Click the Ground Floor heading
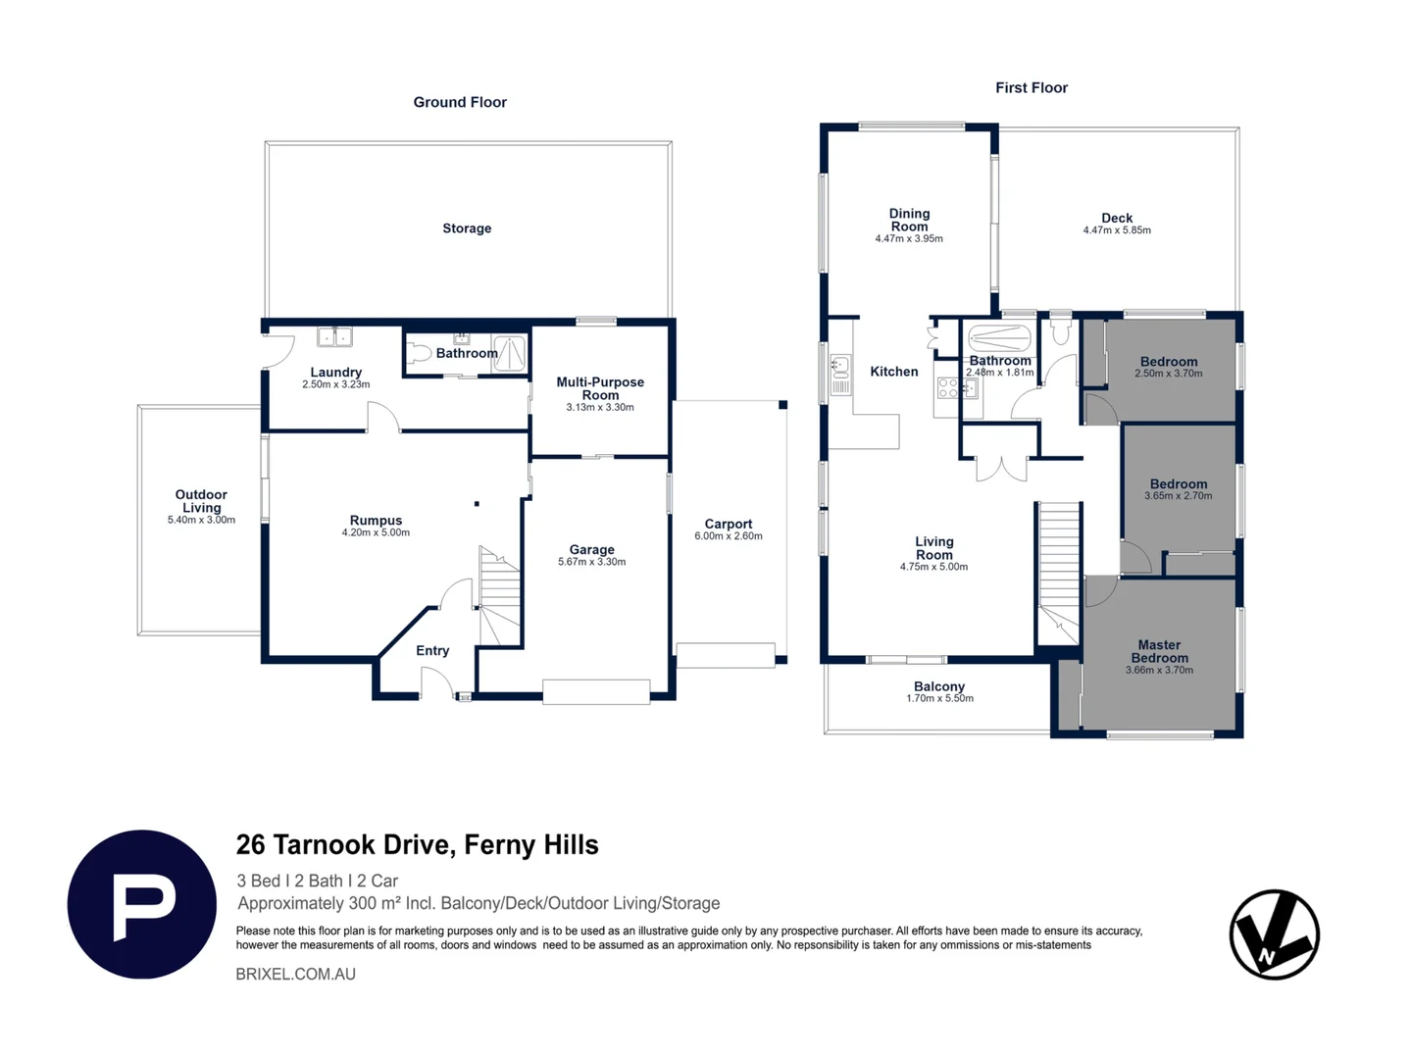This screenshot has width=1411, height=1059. coord(460,102)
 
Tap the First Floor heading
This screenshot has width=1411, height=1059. coord(1032,88)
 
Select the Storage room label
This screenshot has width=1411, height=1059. coord(467,228)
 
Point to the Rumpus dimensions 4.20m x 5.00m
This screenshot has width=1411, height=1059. coord(376,532)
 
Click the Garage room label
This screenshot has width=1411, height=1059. coord(591,549)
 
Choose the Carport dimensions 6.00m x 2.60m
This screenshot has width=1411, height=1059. coord(729,536)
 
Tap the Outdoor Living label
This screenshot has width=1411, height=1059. coord(201,501)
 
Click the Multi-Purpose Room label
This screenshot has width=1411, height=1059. coord(600,388)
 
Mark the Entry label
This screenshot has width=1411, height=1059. coord(432,651)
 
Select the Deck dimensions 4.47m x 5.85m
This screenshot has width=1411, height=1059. coord(1117,230)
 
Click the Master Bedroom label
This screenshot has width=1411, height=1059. coord(1159,651)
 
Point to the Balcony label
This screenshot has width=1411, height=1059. coord(939,686)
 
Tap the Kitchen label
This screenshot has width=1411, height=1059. coord(893,372)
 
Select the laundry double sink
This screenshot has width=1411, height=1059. coord(334,336)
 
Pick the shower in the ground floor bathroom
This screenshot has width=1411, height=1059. coord(509,353)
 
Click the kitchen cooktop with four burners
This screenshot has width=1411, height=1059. coord(947,388)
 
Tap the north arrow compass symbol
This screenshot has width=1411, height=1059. coord(1274,933)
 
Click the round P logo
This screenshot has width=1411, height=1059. coord(142,904)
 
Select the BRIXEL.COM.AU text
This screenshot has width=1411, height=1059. coord(295,974)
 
